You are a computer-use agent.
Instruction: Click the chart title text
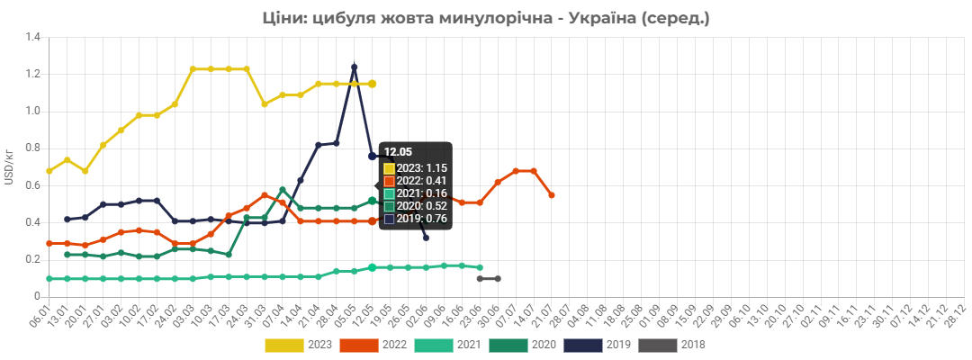pyautogui.click(x=486, y=19)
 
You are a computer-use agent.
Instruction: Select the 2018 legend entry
pyautogui.click(x=672, y=345)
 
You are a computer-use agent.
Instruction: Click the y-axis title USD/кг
pyautogui.click(x=9, y=167)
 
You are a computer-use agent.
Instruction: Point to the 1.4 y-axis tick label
pyautogui.click(x=32, y=37)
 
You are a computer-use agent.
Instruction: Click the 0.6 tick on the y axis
pyautogui.click(x=32, y=185)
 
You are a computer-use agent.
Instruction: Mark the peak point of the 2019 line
pyautogui.click(x=354, y=67)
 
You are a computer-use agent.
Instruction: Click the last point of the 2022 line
pyautogui.click(x=552, y=195)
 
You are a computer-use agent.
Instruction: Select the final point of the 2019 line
pyautogui.click(x=426, y=238)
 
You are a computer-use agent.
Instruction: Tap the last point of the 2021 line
pyautogui.click(x=480, y=267)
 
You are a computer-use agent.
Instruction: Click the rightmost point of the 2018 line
pyautogui.click(x=498, y=279)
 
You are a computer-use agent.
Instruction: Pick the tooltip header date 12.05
pyautogui.click(x=395, y=151)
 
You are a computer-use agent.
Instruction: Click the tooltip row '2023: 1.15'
pyautogui.click(x=415, y=168)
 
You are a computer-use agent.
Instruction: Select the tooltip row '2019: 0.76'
pyautogui.click(x=415, y=218)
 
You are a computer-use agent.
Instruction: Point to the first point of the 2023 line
pyautogui.click(x=49, y=171)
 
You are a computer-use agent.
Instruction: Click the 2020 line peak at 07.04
pyautogui.click(x=282, y=190)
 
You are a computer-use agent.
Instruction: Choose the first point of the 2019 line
pyautogui.click(x=67, y=220)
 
